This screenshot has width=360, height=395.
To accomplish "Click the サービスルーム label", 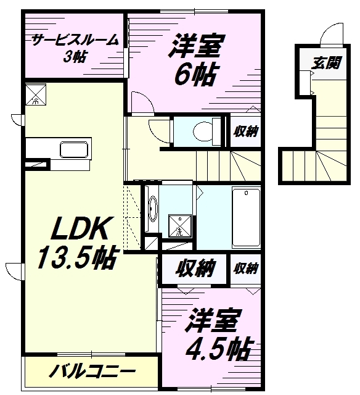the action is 75,40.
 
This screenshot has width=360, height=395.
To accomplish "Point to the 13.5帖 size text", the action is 77,257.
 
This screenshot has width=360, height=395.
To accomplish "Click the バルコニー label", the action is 92,371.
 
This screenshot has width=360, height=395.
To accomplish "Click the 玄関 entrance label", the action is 326,63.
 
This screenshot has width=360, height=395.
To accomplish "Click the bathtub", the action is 246,217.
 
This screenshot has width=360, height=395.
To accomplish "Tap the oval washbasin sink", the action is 152,209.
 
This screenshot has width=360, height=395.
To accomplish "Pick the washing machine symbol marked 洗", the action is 180,226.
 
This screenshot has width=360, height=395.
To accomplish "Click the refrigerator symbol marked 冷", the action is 36,94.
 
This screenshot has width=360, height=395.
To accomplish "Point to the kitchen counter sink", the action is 74,150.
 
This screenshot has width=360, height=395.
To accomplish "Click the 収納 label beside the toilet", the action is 245,131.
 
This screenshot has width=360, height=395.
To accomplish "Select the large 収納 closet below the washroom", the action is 195,268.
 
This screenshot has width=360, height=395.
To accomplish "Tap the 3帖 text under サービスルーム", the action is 75,57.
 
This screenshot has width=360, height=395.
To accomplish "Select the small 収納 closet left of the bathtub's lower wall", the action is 245,268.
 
